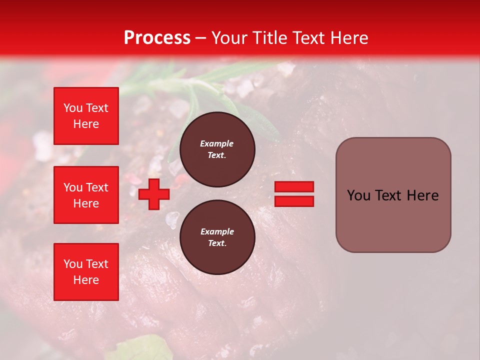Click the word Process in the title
click(157, 38)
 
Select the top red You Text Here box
click(86, 116)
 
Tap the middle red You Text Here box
click(86, 195)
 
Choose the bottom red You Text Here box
click(86, 272)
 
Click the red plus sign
click(153, 194)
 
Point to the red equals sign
click(294, 194)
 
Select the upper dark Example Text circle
click(217, 149)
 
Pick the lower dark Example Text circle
click(217, 237)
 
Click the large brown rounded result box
click(393, 195)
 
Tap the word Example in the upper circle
click(217, 143)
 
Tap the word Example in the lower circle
click(217, 231)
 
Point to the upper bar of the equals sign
click(294, 187)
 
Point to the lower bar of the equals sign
click(294, 201)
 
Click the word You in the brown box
click(358, 195)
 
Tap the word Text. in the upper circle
click(217, 155)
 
